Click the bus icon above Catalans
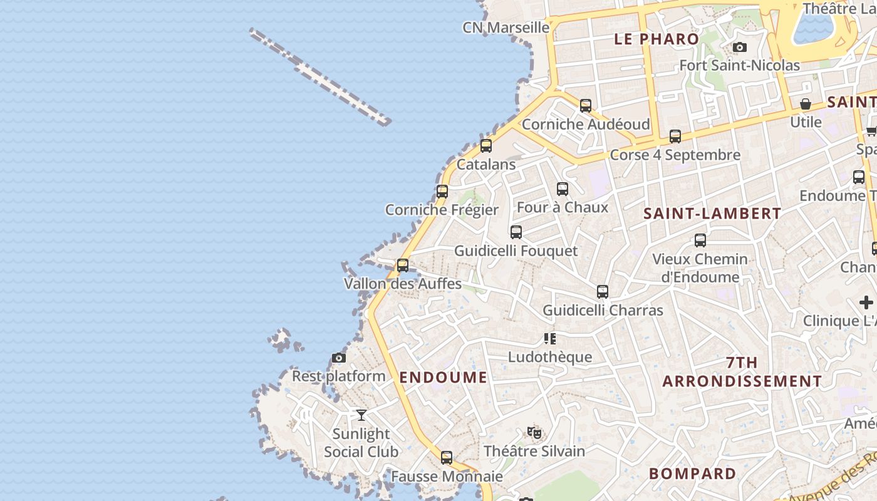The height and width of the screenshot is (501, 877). [x=485, y=146]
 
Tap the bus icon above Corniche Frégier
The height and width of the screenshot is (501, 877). [x=442, y=192]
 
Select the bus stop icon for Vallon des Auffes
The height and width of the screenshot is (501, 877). [x=403, y=266]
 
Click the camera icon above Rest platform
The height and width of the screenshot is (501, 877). [x=339, y=358]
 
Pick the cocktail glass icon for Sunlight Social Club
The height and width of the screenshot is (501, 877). [x=361, y=415]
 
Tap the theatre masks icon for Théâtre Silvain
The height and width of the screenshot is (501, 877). [x=534, y=432]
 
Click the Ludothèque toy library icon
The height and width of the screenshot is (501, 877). [x=550, y=339]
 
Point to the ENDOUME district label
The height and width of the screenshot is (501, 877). [x=443, y=377]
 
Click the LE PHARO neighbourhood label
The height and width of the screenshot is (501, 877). [x=656, y=39]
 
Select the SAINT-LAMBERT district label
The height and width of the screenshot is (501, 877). [x=712, y=214]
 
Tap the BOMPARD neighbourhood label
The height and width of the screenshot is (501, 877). [x=692, y=473]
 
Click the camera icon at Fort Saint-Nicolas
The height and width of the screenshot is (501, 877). [x=739, y=47]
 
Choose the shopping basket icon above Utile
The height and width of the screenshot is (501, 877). [x=806, y=104]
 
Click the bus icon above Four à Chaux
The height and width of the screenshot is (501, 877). [x=563, y=189]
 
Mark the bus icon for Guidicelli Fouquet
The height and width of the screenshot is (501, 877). [x=516, y=232]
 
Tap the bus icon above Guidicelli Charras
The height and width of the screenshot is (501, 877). [x=603, y=292]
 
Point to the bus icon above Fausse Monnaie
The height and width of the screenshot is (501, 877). [x=447, y=458]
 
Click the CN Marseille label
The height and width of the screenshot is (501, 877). [x=506, y=28]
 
